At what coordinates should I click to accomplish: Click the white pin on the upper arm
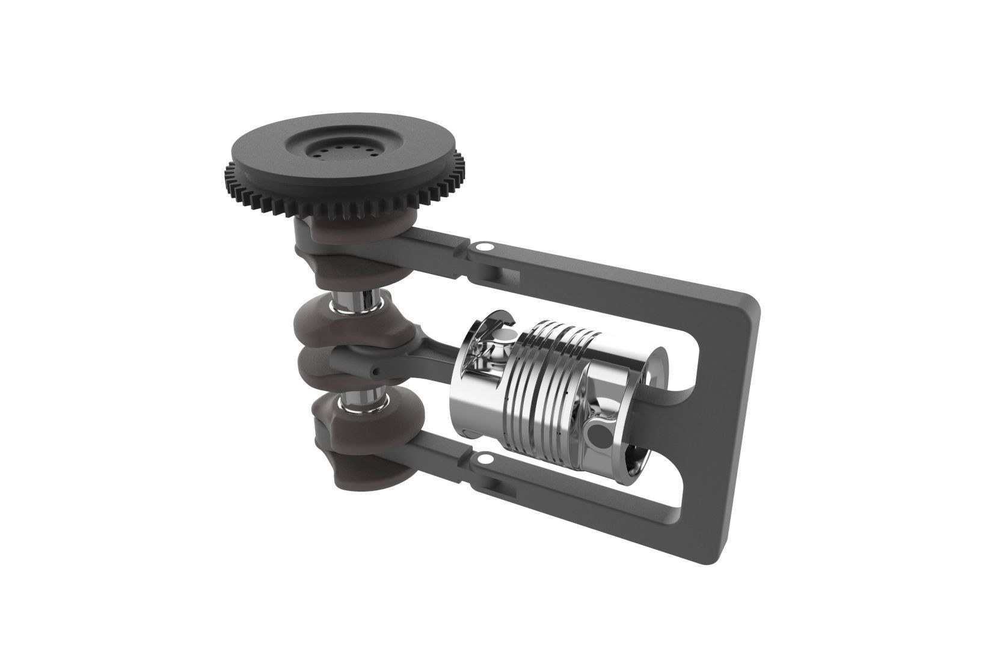[484, 247]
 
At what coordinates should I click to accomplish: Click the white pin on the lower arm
[483, 460]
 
